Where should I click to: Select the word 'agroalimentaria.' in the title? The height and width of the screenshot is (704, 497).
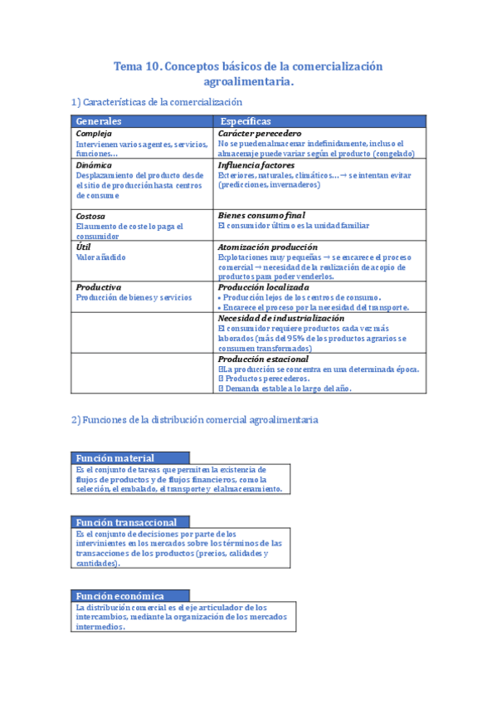click(249, 82)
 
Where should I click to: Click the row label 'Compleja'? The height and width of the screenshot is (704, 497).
click(93, 134)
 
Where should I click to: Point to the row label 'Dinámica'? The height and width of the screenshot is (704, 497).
click(94, 165)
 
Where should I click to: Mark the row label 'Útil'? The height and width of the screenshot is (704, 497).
click(83, 247)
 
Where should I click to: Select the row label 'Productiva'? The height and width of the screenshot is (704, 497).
click(98, 287)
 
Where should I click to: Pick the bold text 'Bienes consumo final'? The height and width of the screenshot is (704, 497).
click(261, 216)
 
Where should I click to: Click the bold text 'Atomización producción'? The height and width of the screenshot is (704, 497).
click(267, 247)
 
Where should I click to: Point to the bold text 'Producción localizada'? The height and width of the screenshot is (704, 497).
click(263, 287)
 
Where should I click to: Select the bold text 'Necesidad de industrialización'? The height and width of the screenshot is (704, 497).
click(280, 318)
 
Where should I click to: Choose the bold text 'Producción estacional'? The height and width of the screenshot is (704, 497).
click(263, 359)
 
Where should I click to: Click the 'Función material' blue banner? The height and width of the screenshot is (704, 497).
click(115, 458)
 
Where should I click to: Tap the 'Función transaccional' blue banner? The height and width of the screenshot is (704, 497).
click(126, 522)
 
